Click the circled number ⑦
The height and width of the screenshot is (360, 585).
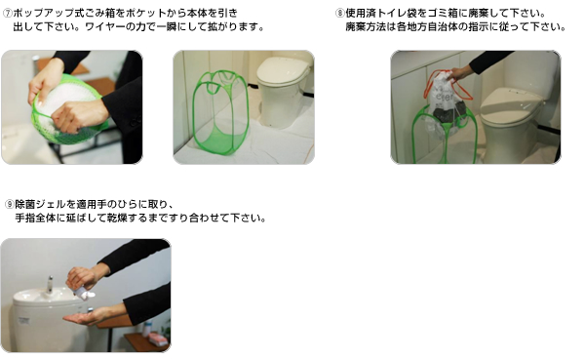click(x=8, y=13)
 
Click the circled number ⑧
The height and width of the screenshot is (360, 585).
click(x=339, y=13)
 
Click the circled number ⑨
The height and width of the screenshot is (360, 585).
click(x=10, y=204)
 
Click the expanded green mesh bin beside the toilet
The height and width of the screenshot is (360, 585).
click(x=214, y=114)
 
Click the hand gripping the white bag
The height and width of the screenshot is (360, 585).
click(x=459, y=73)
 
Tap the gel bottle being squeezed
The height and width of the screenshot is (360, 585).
click(x=84, y=291)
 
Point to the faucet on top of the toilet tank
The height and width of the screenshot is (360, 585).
click(x=50, y=285)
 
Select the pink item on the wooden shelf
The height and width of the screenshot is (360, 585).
click(x=158, y=340)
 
